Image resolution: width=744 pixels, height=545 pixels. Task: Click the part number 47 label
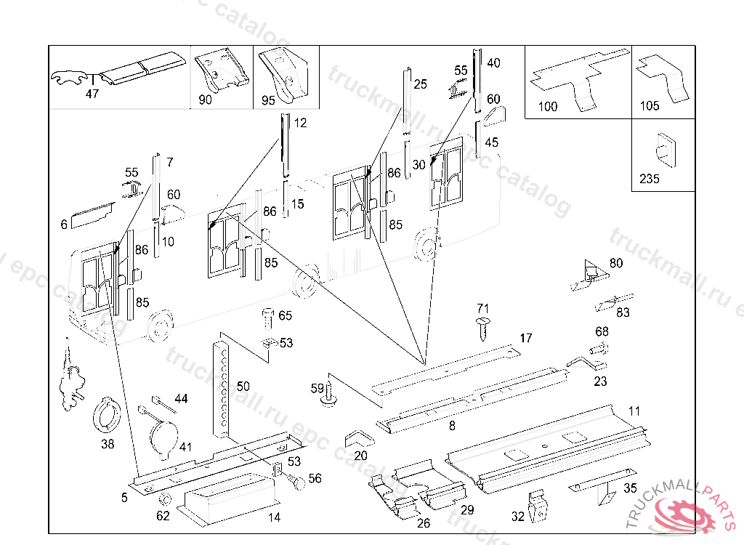(x=92, y=94)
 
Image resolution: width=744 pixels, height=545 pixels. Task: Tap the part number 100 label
(x=548, y=107)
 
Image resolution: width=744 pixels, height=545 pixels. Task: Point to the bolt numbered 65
(x=267, y=318)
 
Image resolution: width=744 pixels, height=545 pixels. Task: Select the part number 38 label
(x=108, y=445)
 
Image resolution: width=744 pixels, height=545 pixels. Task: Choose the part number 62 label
(x=163, y=516)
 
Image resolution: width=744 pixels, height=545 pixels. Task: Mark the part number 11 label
(x=634, y=411)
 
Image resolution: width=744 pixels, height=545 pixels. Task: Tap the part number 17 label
(x=525, y=339)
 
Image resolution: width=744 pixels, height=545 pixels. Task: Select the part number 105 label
(x=650, y=106)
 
